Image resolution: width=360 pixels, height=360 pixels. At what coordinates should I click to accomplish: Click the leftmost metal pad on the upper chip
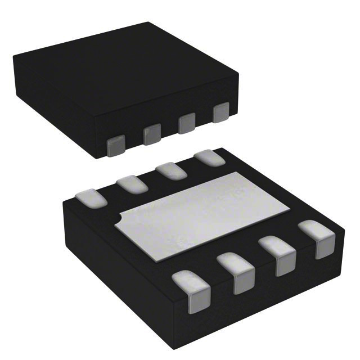pos(116,146)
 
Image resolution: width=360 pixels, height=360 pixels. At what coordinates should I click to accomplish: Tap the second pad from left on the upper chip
pos(152,134)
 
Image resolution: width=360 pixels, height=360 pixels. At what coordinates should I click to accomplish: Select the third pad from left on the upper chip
pos(187,123)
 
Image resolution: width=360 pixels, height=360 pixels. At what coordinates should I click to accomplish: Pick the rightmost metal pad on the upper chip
pos(221,112)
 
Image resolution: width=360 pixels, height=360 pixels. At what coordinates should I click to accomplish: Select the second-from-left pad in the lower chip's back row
pos(132,183)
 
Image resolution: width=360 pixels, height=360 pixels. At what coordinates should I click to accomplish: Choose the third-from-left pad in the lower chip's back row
pos(171,170)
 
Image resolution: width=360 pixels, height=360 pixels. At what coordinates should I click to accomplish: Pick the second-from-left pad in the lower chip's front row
pos(237,272)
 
